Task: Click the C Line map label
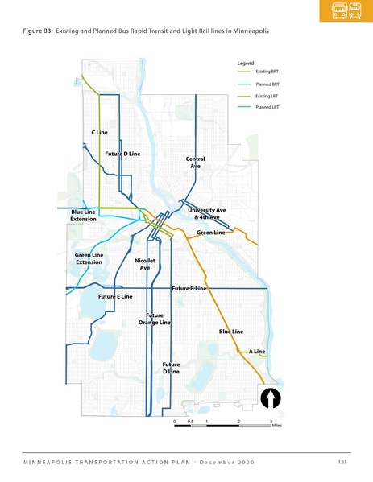coord(99,130)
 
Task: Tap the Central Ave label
coord(196,163)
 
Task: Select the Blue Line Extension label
coord(84,215)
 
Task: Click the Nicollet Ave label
coord(145,264)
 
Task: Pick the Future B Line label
coord(189,287)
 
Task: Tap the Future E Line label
coord(114,297)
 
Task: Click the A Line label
coord(257,352)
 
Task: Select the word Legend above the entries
coord(246,63)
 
